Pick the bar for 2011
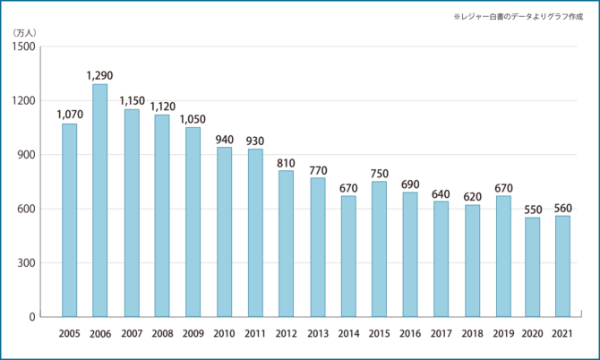tap(255, 233)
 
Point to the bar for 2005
tap(69, 220)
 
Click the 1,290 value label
tap(100, 75)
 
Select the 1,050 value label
tap(193, 118)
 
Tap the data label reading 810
tap(286, 162)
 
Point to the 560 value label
tap(562, 208)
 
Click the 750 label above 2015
tap(379, 173)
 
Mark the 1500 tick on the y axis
tap(25, 47)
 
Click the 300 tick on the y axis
tap(28, 263)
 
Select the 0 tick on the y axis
tap(32, 317)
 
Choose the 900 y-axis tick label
tap(28, 155)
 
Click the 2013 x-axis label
tap(317, 334)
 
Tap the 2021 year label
tap(562, 334)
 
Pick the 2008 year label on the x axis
tap(162, 334)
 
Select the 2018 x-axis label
tap(471, 334)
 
